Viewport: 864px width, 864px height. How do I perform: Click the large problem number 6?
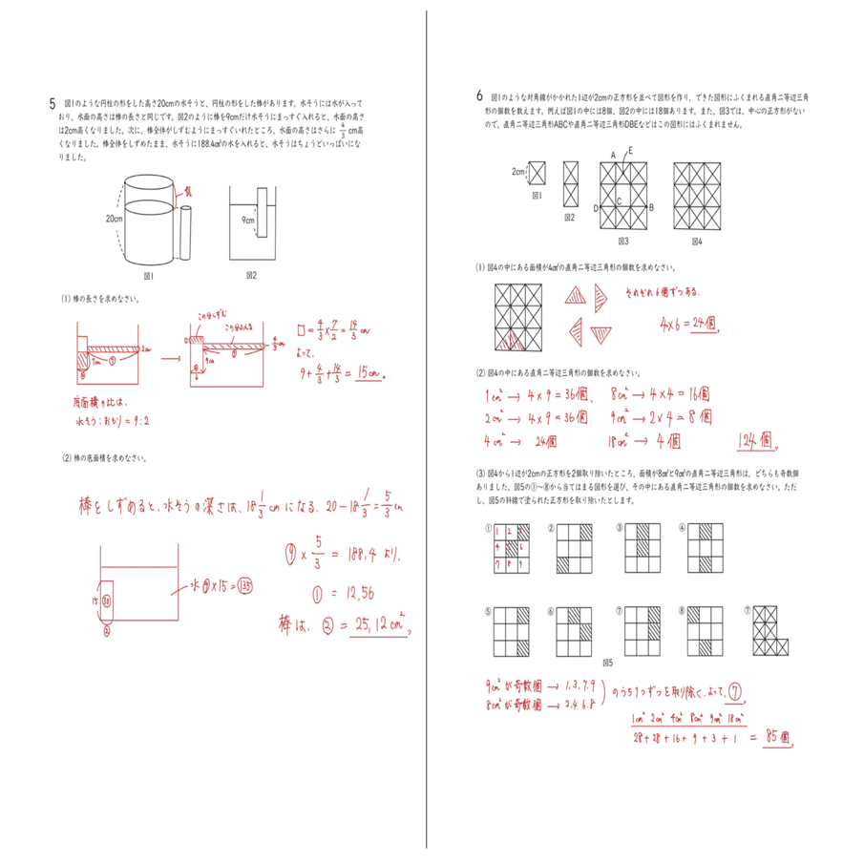(479, 96)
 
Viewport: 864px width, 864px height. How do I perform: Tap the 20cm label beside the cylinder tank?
(115, 219)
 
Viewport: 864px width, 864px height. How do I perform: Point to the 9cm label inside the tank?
(248, 220)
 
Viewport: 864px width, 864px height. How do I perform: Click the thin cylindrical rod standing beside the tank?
(185, 234)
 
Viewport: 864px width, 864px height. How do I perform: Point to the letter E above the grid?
(631, 151)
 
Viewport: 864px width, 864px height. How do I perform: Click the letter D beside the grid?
(595, 207)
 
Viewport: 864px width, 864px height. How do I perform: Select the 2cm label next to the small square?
(517, 172)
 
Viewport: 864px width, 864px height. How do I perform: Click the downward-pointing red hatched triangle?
(602, 334)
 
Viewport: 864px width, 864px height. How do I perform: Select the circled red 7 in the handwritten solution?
(736, 691)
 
